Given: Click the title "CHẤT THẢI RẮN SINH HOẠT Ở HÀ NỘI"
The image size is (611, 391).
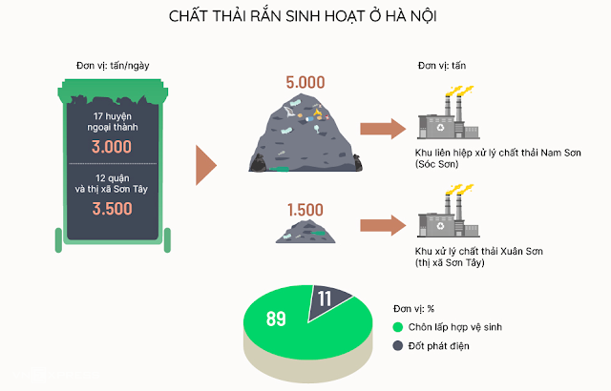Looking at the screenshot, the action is (x=305, y=17).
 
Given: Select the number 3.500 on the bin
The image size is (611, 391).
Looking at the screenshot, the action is (x=112, y=209).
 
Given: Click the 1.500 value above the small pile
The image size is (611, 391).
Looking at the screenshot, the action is (x=305, y=208).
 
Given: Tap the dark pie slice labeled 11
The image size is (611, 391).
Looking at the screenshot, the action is (x=330, y=299).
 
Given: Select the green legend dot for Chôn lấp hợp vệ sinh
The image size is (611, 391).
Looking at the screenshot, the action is (x=397, y=327).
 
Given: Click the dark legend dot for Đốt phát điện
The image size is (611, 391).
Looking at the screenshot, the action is (x=397, y=345).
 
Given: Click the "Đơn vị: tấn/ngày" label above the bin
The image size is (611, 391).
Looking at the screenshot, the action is (x=112, y=65).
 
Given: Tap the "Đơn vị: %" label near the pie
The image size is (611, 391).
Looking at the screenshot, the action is (x=415, y=309).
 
